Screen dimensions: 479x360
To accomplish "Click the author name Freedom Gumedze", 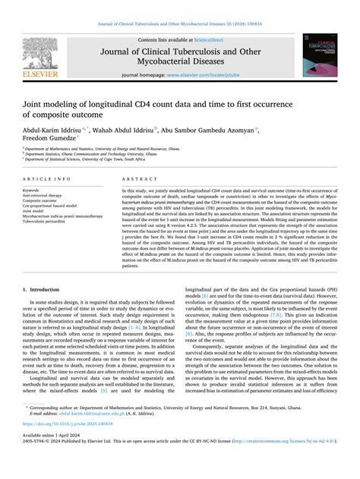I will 48,138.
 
